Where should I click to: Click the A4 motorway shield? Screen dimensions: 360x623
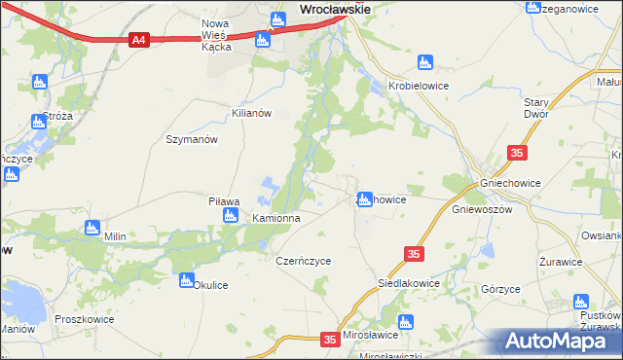tap(138, 40)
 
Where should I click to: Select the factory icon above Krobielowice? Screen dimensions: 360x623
tap(423, 63)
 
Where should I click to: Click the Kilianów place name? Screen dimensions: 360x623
tap(250, 113)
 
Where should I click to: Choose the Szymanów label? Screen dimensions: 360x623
tap(191, 139)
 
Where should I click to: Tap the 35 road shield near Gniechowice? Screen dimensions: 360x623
tap(517, 153)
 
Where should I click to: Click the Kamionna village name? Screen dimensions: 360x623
tap(276, 219)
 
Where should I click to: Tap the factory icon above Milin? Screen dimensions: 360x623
tap(92, 228)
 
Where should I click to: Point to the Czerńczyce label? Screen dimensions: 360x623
tap(304, 261)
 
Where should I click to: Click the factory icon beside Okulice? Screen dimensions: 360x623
tap(186, 280)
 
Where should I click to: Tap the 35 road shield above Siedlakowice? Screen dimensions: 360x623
tap(414, 254)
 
